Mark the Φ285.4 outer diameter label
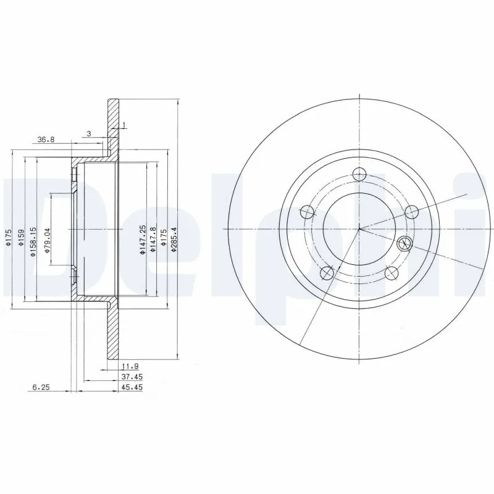[175, 238]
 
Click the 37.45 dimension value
[128, 377]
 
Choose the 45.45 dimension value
[128, 387]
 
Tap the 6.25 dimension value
[41, 387]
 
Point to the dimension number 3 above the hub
[89, 133]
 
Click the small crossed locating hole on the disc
[405, 243]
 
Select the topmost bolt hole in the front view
[359, 174]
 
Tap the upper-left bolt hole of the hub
[307, 212]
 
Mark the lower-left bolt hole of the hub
[327, 272]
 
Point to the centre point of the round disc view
[359, 229]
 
